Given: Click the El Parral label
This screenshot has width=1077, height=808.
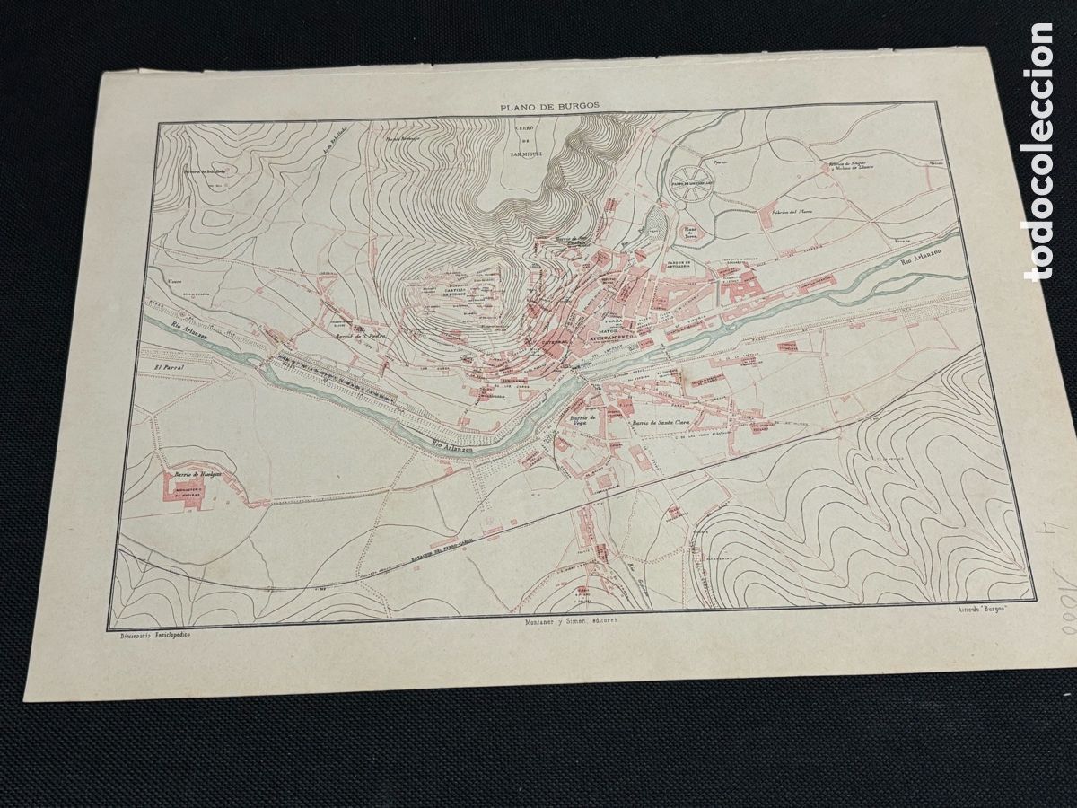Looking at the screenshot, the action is pyautogui.click(x=169, y=368).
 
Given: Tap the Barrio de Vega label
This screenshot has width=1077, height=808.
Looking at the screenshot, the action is pyautogui.click(x=582, y=421).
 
